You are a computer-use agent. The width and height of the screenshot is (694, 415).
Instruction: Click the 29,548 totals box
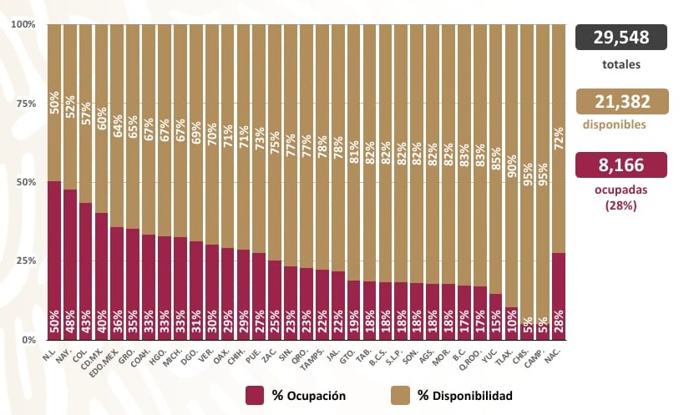621,38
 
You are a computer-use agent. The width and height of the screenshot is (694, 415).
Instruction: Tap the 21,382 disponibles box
621,101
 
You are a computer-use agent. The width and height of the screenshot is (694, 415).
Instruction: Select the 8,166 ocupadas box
621,164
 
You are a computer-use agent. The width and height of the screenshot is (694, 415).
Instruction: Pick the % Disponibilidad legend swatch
401,394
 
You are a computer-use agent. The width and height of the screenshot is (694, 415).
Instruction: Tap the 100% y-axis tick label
23,24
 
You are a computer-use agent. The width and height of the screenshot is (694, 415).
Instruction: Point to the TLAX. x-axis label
504,357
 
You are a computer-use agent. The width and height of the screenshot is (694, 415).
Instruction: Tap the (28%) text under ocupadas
621,205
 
